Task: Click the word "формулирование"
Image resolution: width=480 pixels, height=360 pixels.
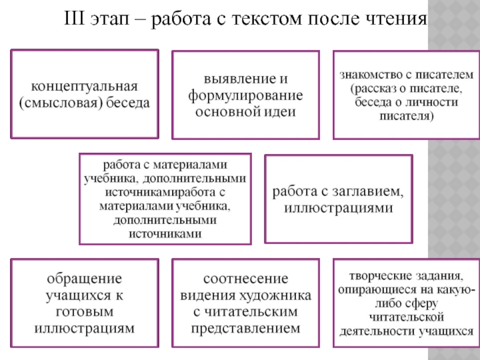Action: tap(245, 95)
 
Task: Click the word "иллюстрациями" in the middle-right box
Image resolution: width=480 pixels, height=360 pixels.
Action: tap(338, 209)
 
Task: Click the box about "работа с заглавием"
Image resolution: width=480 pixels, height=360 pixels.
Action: tap(338, 200)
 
